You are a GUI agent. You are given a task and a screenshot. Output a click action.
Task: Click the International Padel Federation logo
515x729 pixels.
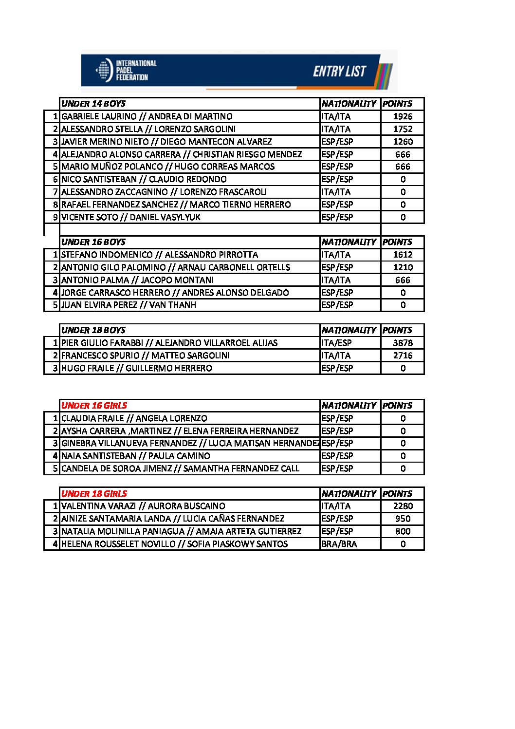coord(126,71)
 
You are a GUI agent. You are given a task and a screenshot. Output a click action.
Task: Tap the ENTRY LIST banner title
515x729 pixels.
coord(339,72)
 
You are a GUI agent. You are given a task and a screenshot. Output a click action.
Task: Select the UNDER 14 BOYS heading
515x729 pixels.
coord(93,104)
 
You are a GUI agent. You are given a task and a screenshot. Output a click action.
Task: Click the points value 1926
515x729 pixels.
coord(403,116)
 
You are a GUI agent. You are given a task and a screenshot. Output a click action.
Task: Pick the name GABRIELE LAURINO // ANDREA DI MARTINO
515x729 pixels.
coord(147,116)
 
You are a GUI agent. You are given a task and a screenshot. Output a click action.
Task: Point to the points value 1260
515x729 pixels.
coord(403,142)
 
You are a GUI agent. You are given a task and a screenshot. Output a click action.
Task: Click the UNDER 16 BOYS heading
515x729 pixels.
coord(93,242)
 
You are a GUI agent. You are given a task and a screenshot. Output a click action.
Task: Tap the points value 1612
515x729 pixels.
coord(403,255)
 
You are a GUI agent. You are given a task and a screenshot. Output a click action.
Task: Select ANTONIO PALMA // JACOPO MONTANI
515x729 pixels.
coord(137,280)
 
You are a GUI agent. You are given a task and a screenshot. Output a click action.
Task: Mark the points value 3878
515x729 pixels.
coord(403,343)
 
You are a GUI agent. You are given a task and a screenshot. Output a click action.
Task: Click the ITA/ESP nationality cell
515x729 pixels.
coord(336,343)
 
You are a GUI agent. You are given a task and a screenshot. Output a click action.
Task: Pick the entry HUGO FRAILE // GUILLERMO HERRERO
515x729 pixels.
coord(136,368)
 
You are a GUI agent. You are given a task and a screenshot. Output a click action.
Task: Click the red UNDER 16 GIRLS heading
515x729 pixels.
coord(94,406)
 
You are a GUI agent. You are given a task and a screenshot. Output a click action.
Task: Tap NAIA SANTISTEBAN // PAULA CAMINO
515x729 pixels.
coord(136,456)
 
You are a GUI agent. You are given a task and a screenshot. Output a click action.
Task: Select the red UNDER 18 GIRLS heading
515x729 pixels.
coord(94,494)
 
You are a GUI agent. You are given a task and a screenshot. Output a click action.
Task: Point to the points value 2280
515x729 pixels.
coord(403,506)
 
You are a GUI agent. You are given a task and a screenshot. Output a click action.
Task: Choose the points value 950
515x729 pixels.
coord(403,519)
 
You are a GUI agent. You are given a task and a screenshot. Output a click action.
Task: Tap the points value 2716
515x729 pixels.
coord(403,355)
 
